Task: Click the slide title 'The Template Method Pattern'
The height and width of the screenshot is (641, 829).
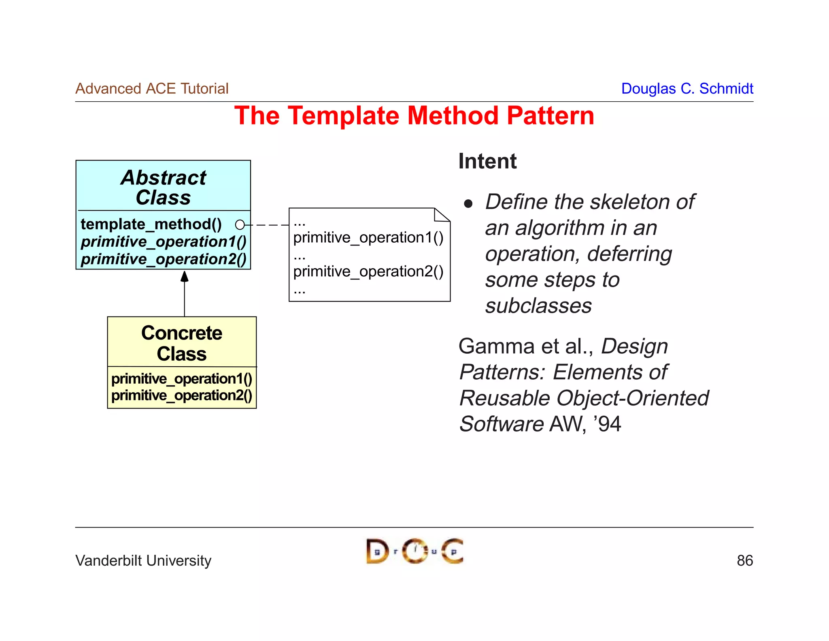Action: [414, 116]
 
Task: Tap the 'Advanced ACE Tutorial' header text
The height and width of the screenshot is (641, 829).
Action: [152, 88]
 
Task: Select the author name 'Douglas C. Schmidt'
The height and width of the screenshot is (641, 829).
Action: [687, 88]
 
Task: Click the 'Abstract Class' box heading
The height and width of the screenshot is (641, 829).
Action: [164, 187]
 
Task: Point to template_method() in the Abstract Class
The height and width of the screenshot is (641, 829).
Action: [151, 224]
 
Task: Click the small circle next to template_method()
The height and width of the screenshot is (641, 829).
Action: [240, 224]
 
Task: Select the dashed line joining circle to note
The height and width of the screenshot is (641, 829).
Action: [268, 225]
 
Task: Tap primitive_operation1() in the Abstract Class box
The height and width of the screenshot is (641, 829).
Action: [164, 242]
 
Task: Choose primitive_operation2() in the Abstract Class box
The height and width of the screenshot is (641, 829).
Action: [164, 259]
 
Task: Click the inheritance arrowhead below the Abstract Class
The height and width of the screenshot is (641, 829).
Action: [185, 276]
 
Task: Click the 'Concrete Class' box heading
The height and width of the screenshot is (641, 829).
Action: [182, 343]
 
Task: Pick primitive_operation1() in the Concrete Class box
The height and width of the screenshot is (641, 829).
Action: [182, 378]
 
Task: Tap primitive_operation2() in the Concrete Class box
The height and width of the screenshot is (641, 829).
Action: [182, 395]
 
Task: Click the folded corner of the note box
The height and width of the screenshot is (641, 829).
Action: [441, 215]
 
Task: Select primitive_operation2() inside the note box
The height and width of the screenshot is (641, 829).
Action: [368, 271]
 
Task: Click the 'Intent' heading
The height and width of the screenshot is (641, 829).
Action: [487, 161]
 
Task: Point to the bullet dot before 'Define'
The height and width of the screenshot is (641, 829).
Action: [468, 203]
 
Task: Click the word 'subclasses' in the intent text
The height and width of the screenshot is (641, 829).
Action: [538, 306]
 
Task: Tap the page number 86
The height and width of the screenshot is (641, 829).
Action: [744, 561]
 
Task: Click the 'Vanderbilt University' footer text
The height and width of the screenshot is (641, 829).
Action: [143, 561]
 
